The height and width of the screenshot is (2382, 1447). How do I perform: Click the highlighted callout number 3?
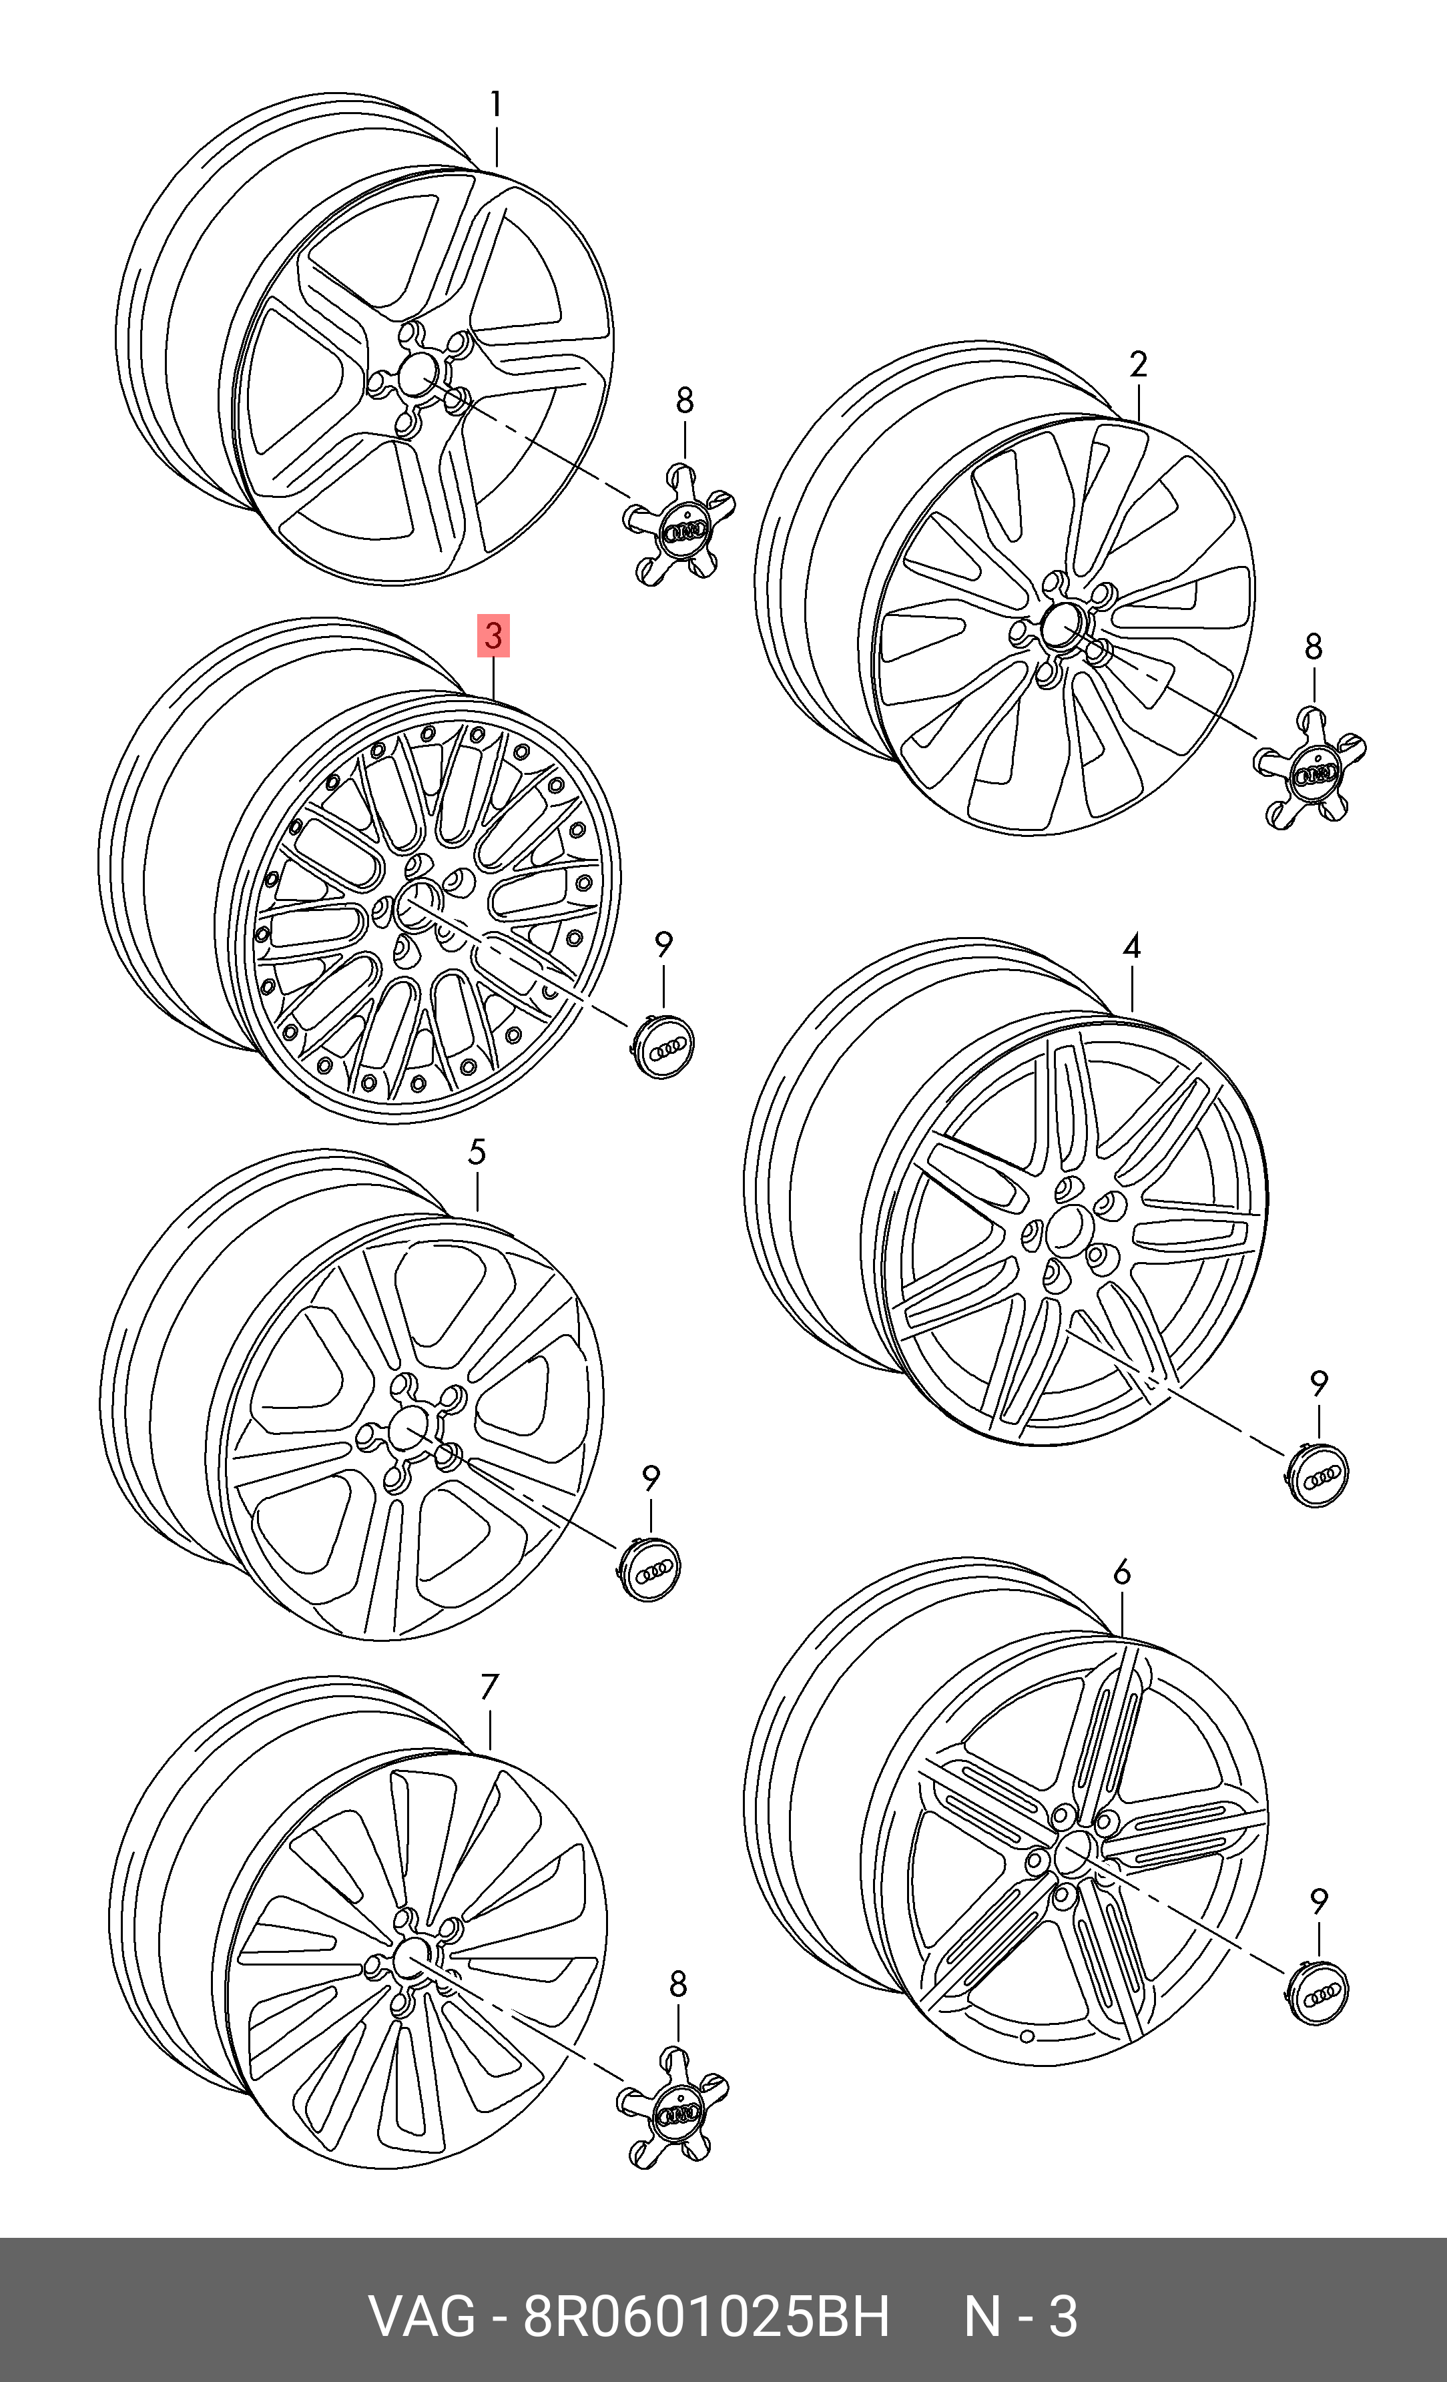[493, 636]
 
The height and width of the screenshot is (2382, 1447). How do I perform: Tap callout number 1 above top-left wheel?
[496, 104]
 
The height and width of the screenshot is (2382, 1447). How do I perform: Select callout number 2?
[1138, 364]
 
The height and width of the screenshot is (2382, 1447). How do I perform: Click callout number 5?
[477, 1153]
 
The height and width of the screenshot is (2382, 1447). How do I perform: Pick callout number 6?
[1121, 1573]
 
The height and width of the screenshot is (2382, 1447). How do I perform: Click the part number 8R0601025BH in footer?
[705, 2317]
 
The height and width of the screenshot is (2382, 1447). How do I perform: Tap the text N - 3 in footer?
[1020, 2317]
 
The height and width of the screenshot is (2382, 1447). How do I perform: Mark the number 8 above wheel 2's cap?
[1313, 647]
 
